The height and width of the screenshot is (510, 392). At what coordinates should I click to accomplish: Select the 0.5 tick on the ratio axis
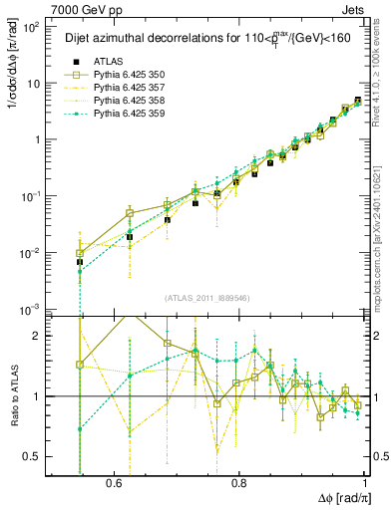point(37,456)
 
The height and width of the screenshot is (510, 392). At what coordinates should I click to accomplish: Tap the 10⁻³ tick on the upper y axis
point(33,309)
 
